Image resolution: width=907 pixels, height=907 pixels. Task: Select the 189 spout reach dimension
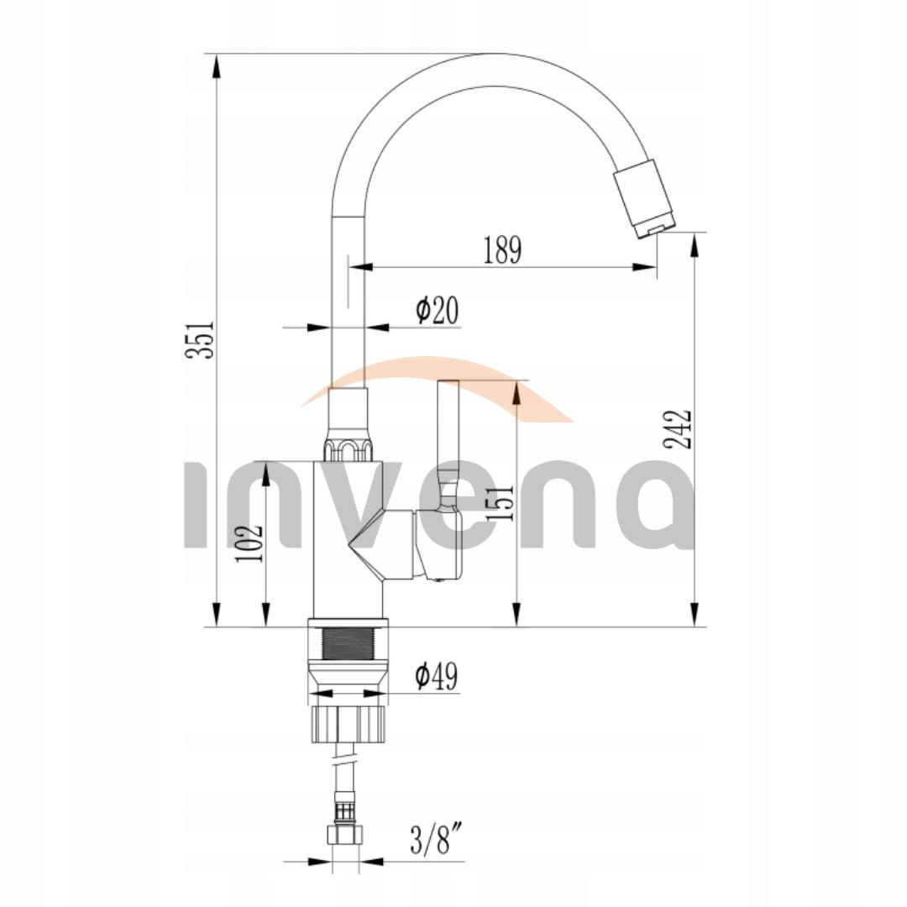(x=502, y=250)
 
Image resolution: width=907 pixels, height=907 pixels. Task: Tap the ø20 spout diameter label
(x=438, y=310)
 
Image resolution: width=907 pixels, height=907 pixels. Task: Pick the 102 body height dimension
(x=249, y=543)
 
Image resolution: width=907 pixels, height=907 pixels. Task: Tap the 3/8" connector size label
(x=437, y=841)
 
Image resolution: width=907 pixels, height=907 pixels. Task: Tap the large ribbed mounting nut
(x=348, y=723)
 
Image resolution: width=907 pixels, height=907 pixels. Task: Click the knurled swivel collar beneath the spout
(x=348, y=449)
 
